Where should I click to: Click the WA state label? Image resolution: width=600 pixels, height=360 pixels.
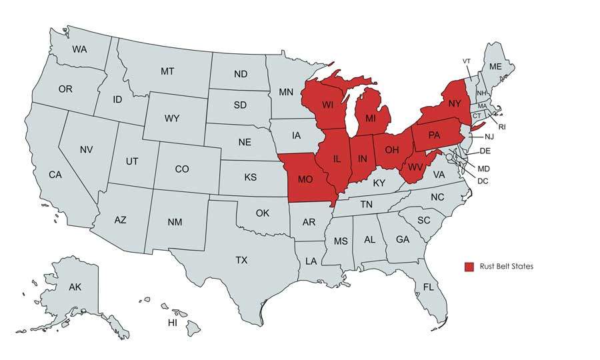(80, 49)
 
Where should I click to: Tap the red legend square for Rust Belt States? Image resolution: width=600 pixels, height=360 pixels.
(469, 267)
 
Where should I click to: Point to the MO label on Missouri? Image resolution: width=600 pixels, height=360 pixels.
(305, 180)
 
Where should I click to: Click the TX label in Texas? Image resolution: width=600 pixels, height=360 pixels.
(241, 260)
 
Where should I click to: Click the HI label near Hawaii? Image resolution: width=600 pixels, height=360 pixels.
(173, 322)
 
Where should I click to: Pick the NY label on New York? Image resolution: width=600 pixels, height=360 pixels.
(455, 103)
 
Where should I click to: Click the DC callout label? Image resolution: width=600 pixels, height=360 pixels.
(483, 181)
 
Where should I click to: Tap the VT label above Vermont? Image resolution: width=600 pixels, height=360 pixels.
(467, 61)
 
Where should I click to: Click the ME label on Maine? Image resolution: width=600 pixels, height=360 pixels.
(495, 67)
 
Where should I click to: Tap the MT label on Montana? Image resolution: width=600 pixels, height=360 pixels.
(168, 71)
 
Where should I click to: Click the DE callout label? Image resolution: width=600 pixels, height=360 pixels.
(485, 151)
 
